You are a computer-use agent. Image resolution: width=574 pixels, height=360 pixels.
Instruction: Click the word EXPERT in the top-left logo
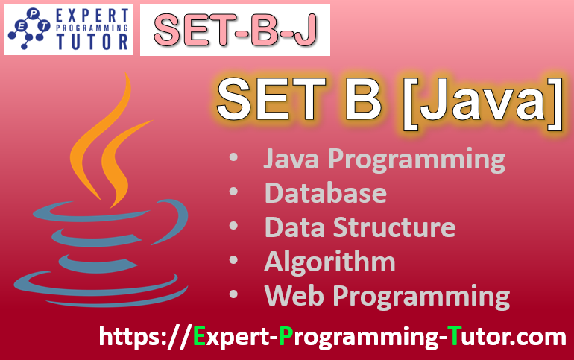(87, 16)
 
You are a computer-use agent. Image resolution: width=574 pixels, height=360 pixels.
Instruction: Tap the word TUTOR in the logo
(87, 42)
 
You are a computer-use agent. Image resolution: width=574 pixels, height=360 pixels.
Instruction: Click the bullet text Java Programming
(385, 160)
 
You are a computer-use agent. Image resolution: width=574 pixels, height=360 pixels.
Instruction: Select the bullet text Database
(326, 193)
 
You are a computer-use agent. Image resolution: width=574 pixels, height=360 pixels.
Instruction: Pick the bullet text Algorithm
(330, 262)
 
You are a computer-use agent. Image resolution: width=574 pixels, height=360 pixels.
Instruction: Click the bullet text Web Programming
(387, 296)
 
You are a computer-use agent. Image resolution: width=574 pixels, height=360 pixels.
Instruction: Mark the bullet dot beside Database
(234, 193)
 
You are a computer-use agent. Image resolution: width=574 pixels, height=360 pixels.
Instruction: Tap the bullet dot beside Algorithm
(234, 262)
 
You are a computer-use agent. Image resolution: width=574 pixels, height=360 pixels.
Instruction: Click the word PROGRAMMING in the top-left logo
(87, 29)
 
